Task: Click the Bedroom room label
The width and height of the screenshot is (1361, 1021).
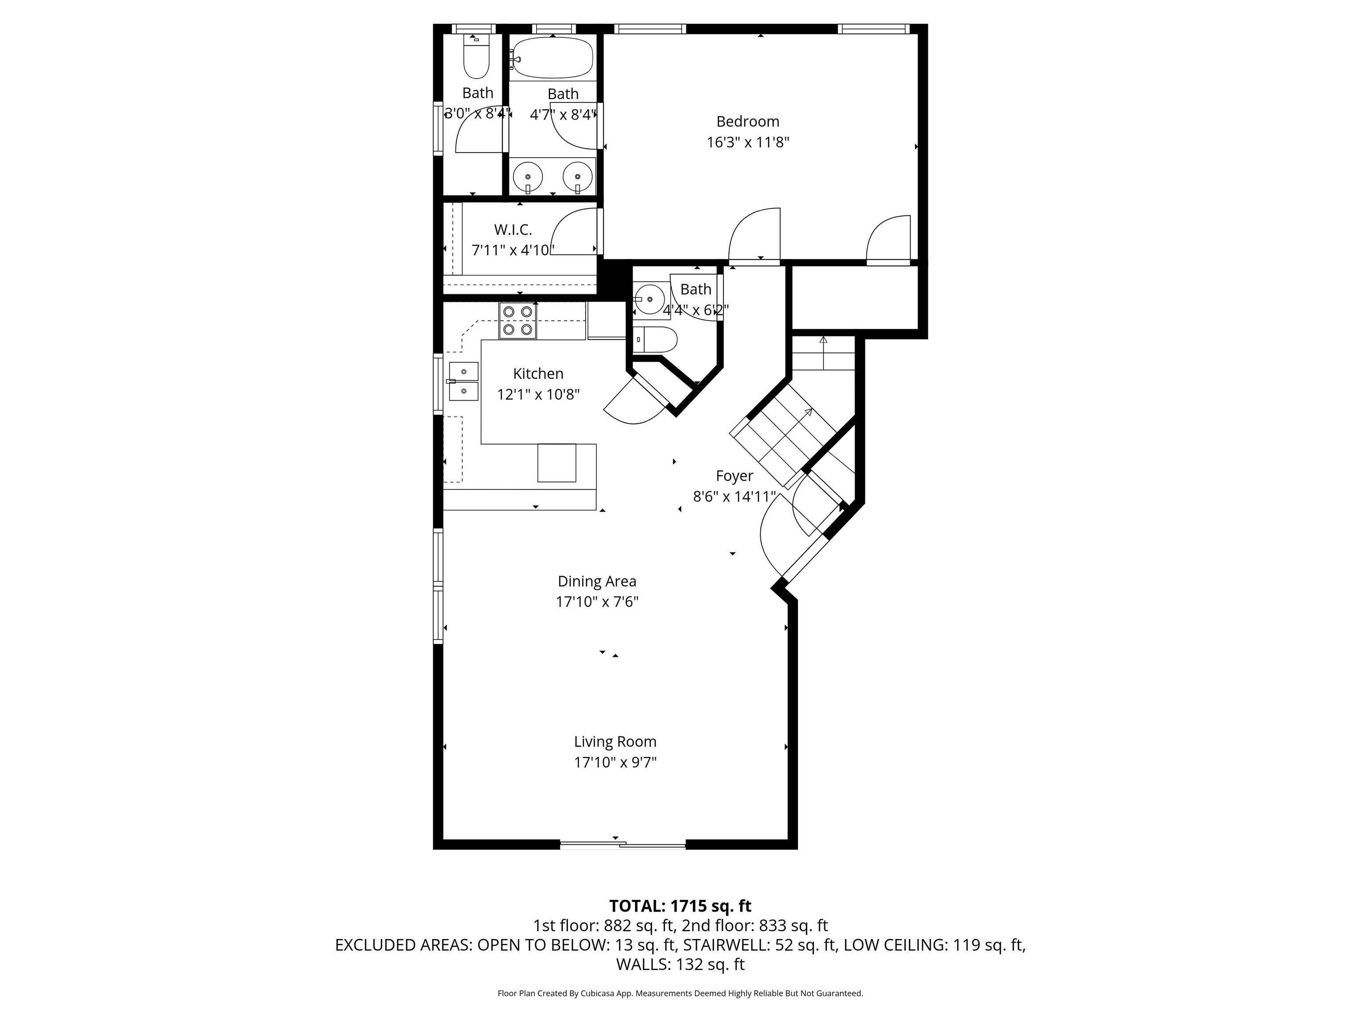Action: point(747,121)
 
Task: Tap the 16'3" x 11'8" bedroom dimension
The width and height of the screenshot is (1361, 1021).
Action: point(747,143)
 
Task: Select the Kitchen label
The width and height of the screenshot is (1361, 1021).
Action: point(538,374)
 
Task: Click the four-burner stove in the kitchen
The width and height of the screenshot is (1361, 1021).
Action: point(517,321)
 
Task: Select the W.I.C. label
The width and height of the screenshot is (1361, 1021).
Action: point(513,230)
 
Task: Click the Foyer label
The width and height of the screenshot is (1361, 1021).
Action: point(734,476)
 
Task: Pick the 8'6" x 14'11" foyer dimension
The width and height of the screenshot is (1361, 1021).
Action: point(734,497)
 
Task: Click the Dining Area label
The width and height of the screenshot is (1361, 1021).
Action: point(597,581)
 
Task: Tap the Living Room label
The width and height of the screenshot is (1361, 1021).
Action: point(615,741)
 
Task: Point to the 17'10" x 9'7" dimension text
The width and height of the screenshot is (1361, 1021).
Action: point(615,763)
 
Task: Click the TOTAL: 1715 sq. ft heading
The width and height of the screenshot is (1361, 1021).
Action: point(680,906)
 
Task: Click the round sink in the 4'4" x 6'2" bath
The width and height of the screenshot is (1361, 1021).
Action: point(650,299)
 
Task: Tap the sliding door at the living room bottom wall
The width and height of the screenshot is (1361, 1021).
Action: point(622,845)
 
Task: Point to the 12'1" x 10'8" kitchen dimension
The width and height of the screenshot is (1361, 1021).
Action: point(538,394)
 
